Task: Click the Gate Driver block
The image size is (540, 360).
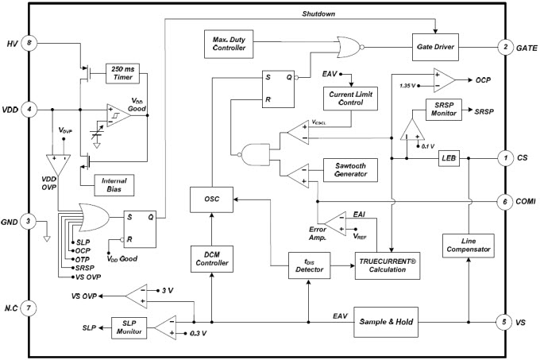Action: pyautogui.click(x=435, y=47)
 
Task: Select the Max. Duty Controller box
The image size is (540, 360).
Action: pyautogui.click(x=229, y=44)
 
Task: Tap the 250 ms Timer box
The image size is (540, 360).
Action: pyautogui.click(x=122, y=73)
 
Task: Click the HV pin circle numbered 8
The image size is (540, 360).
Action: pyautogui.click(x=29, y=44)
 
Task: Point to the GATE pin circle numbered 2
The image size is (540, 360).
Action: pyautogui.click(x=506, y=47)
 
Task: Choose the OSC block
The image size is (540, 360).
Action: pyautogui.click(x=211, y=199)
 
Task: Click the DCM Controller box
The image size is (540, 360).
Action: pyautogui.click(x=212, y=259)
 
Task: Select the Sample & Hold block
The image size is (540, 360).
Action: pyautogui.click(x=386, y=322)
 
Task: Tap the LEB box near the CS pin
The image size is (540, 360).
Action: pyautogui.click(x=449, y=158)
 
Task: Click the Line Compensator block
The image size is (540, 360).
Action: pyautogui.click(x=469, y=246)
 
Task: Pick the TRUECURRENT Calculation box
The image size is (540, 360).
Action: pyautogui.click(x=388, y=265)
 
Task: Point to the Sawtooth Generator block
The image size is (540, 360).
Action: pyautogui.click(x=350, y=170)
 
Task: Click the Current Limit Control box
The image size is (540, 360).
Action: pyautogui.click(x=350, y=99)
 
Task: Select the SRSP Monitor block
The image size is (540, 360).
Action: pyautogui.click(x=444, y=110)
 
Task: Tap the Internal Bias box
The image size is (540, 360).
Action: pyautogui.click(x=114, y=185)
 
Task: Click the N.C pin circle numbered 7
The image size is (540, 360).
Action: pyautogui.click(x=29, y=308)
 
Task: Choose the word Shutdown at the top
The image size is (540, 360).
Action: pyautogui.click(x=318, y=14)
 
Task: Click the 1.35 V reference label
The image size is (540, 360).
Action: pyautogui.click(x=407, y=86)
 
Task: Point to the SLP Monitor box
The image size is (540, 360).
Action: pyautogui.click(x=129, y=327)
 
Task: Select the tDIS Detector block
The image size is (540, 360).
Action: pyautogui.click(x=309, y=265)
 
